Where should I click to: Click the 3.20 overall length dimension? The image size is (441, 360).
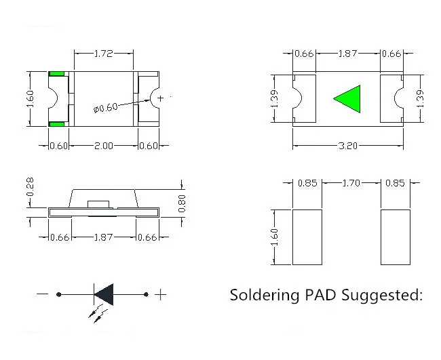pos(347,145)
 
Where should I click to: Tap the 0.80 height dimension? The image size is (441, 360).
pos(181,203)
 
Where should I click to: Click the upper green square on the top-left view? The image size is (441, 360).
pos(56,73)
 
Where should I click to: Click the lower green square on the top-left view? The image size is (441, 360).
pos(56,124)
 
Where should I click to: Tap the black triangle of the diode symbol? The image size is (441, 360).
pos(104,294)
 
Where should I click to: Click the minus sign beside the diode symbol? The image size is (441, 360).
pos(42,294)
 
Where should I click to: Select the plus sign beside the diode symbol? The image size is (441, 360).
pos(161,294)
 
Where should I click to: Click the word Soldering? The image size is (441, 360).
pos(261,295)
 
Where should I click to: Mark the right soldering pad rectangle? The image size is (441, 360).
pos(396,237)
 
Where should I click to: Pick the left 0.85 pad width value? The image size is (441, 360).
pos(307,182)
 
